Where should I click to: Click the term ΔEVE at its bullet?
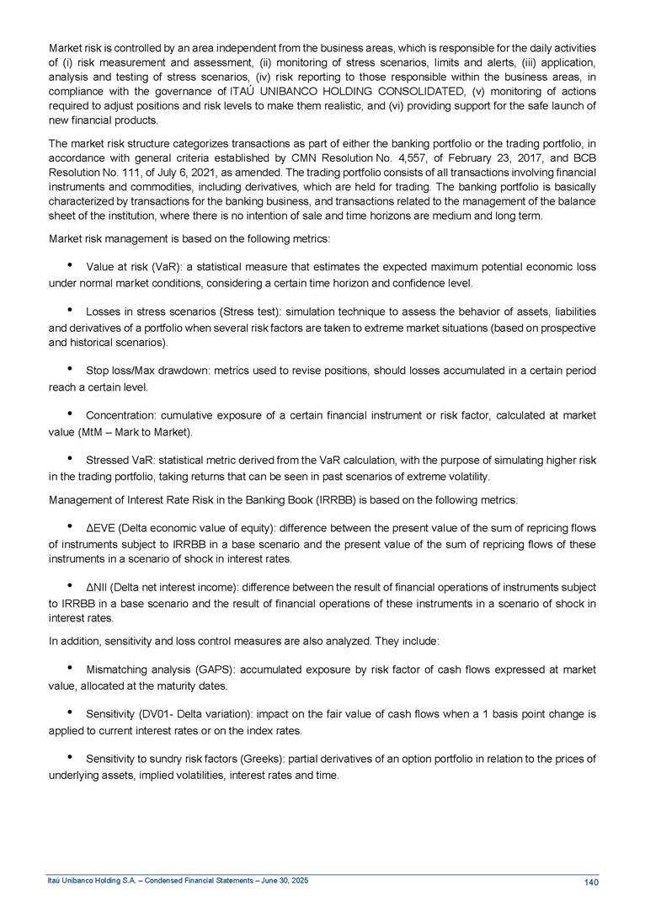100,528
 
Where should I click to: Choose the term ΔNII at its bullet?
98,586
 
